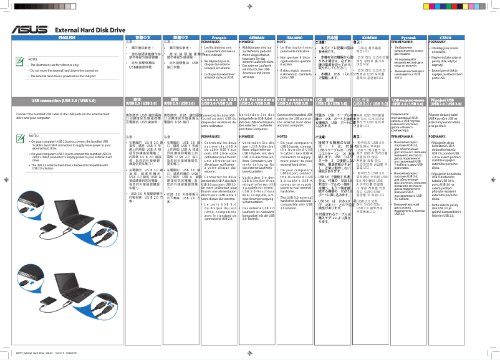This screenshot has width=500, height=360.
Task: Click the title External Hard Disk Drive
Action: click(90, 30)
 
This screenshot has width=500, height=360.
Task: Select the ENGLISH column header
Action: click(62, 38)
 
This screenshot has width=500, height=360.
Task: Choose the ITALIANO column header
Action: click(294, 38)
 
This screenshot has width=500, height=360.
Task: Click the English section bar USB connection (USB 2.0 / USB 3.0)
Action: click(63, 100)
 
